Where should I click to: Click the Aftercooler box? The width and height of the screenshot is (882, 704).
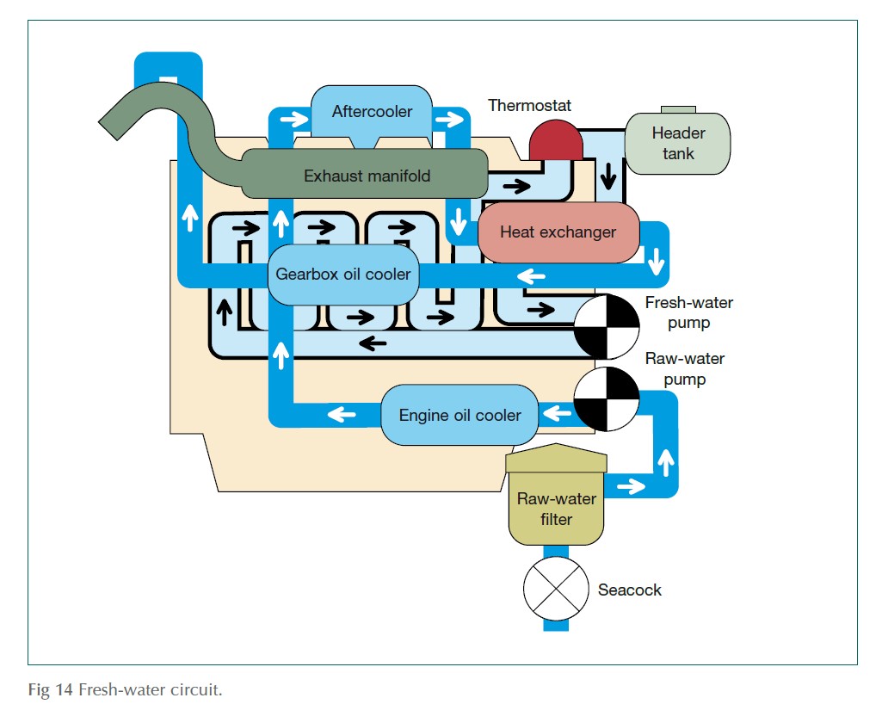(x=371, y=111)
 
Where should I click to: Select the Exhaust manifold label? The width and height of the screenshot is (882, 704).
(x=367, y=176)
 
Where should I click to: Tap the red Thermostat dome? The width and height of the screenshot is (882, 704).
(x=556, y=140)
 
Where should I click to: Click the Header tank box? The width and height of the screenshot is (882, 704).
(x=678, y=144)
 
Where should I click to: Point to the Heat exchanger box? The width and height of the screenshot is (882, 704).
(x=558, y=232)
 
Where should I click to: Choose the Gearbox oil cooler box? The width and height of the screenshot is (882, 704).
(x=342, y=275)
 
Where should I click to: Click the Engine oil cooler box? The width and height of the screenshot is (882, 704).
(x=460, y=415)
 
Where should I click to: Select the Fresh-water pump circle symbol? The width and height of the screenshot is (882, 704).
(x=607, y=326)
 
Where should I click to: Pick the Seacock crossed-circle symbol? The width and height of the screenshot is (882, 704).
(x=555, y=589)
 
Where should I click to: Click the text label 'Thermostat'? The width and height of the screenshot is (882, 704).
(x=529, y=106)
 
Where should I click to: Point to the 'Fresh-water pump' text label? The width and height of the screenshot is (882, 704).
(x=688, y=313)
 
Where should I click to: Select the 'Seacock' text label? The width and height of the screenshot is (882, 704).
(x=630, y=590)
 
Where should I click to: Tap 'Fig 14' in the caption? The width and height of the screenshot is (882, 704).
(x=51, y=691)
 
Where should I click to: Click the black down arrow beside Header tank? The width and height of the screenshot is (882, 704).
(x=609, y=176)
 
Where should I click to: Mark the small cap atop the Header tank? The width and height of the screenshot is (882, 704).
(x=678, y=109)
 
